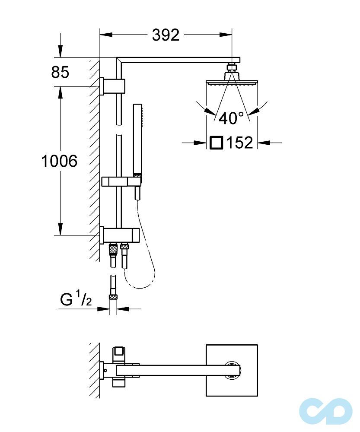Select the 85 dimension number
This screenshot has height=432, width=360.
click(60, 72)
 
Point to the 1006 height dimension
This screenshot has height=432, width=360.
click(59, 161)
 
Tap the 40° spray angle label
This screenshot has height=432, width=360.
click(231, 118)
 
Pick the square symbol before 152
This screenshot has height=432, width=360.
click(216, 142)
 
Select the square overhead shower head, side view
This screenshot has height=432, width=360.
click(232, 82)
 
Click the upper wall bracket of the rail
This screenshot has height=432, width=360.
click(113, 86)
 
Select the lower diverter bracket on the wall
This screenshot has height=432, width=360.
click(120, 235)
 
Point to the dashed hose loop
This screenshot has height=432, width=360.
click(145, 272)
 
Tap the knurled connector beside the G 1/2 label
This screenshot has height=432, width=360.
click(113, 297)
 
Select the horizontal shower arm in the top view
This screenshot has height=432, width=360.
click(173, 370)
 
